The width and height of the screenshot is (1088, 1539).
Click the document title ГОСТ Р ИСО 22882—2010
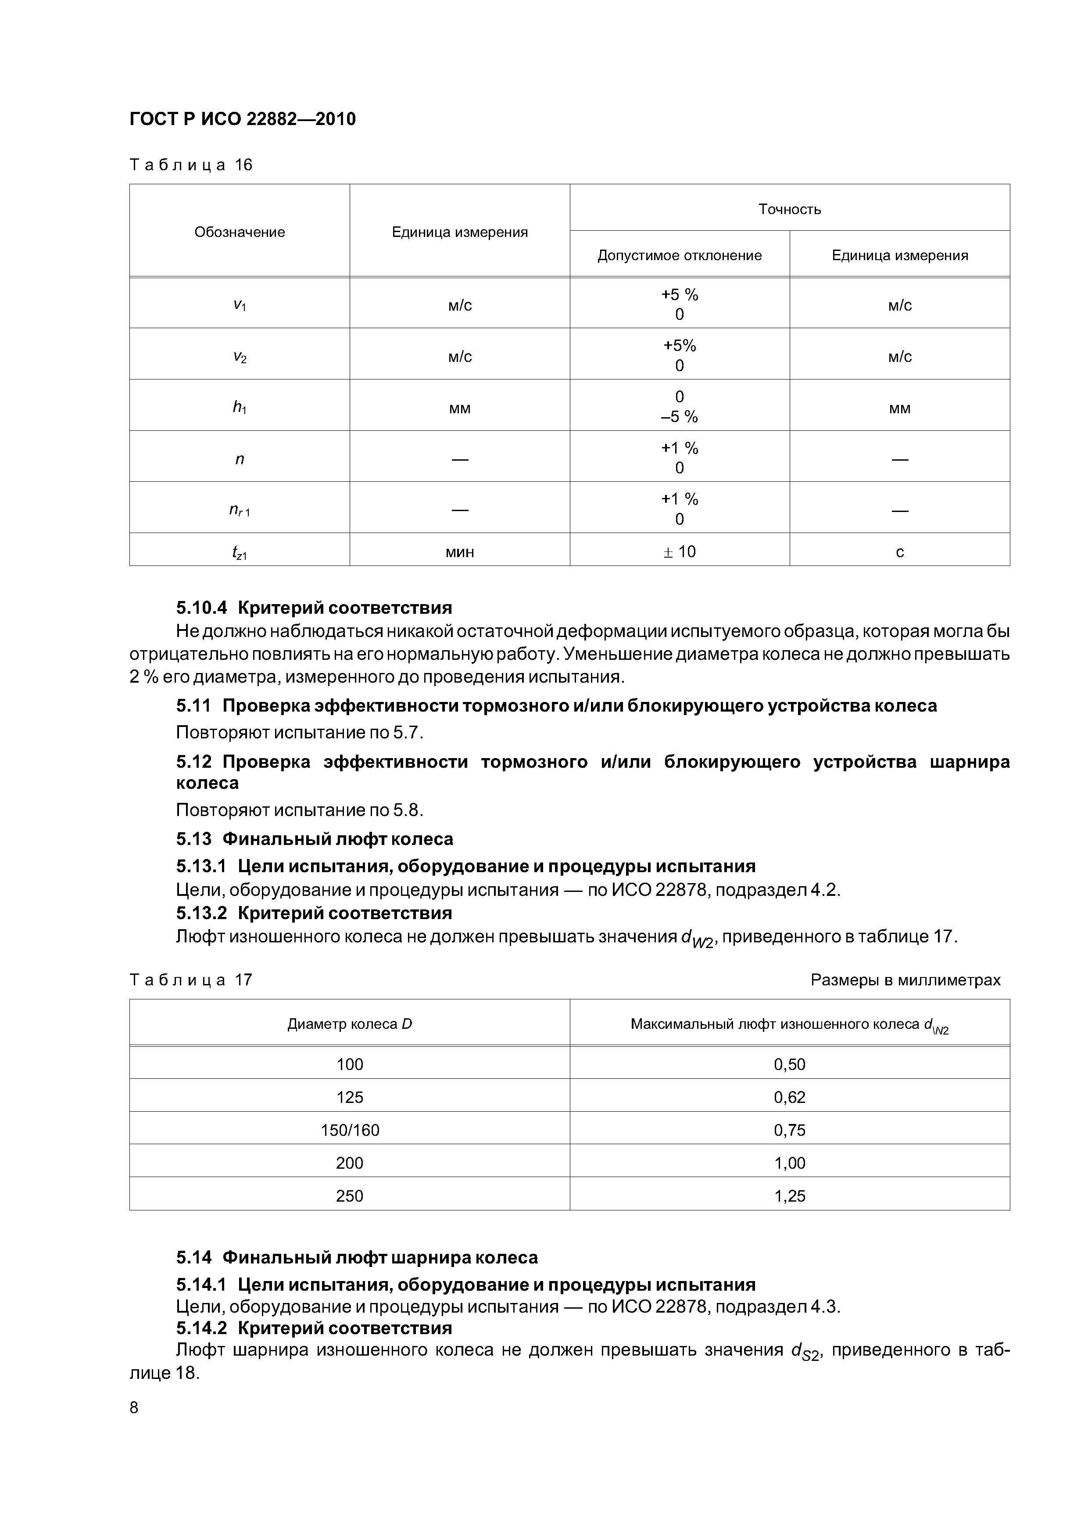(242, 119)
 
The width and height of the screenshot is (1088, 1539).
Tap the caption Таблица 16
(190, 165)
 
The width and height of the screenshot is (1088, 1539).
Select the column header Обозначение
(240, 232)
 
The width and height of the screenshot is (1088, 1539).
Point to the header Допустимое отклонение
(679, 255)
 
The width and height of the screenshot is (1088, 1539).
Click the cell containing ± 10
(679, 551)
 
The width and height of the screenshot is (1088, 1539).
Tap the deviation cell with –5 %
(679, 417)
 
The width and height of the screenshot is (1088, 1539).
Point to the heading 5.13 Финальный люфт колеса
(315, 839)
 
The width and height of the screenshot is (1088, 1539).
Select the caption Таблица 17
(190, 980)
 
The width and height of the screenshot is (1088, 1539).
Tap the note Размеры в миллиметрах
(905, 980)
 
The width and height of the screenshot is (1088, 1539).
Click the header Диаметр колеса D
(349, 1024)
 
